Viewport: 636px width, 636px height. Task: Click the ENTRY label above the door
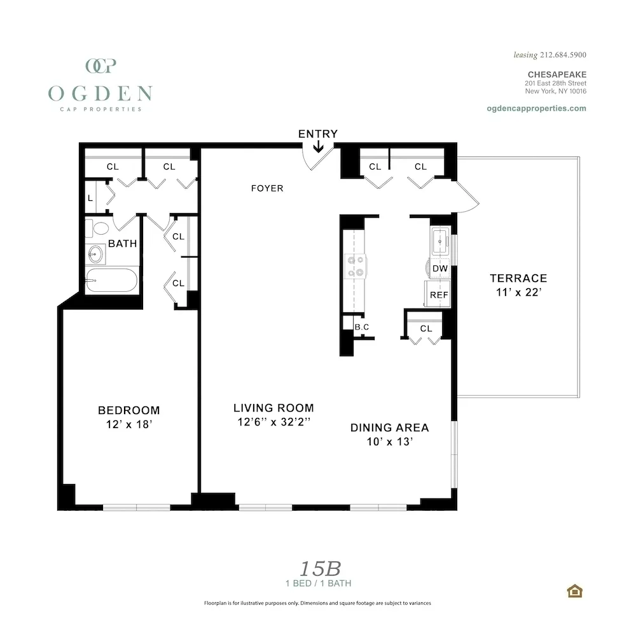tap(317, 134)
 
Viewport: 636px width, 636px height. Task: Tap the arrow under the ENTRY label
tap(318, 148)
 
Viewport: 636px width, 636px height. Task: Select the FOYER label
tap(267, 188)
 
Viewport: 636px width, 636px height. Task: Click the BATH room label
tap(122, 243)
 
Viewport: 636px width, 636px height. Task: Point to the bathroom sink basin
tap(95, 254)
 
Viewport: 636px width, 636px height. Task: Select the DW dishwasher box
tap(439, 268)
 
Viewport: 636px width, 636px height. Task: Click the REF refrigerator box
tap(439, 294)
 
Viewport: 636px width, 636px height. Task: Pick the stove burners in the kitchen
tap(354, 266)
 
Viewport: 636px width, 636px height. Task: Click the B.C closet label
tap(362, 327)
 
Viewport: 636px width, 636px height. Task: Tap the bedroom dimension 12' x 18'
tap(128, 425)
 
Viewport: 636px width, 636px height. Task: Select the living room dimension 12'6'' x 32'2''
tap(273, 422)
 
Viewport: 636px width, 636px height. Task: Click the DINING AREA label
tap(389, 427)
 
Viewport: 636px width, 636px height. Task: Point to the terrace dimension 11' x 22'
tap(518, 293)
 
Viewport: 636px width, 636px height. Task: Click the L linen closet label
tap(90, 198)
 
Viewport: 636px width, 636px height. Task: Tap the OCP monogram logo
tap(100, 66)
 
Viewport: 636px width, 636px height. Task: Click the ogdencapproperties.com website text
tap(536, 108)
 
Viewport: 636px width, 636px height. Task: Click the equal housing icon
tap(575, 591)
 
